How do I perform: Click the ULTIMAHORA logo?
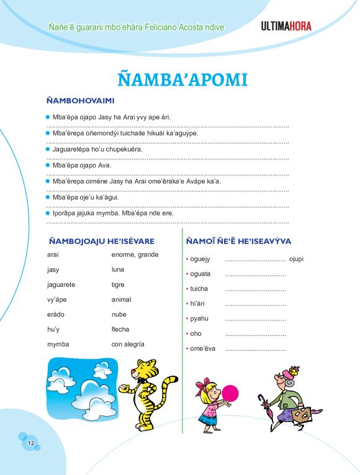click(286, 26)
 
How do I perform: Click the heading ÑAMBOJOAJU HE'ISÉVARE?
click(101, 241)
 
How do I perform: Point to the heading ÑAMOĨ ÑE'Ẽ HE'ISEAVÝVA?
click(238, 241)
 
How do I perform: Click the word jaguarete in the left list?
click(61, 284)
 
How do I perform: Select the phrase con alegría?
click(128, 344)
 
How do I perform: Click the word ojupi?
click(296, 259)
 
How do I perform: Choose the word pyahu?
click(199, 319)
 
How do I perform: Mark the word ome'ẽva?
click(202, 348)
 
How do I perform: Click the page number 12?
click(30, 443)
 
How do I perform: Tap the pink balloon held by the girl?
click(230, 393)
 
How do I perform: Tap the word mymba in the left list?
click(58, 344)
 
